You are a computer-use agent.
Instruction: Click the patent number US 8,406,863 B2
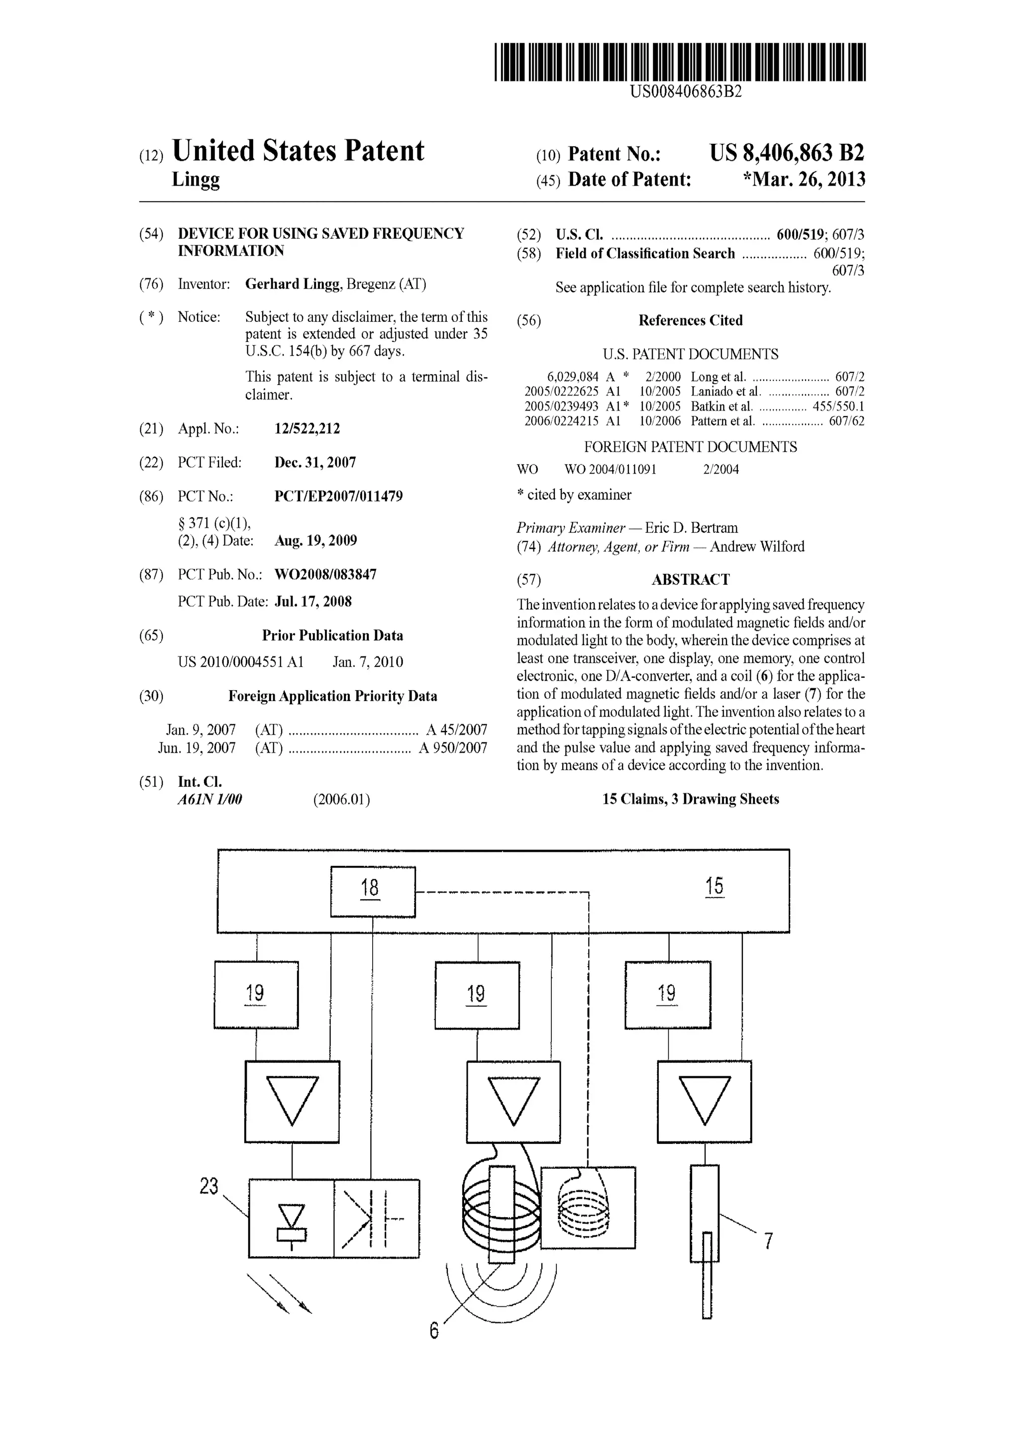(787, 153)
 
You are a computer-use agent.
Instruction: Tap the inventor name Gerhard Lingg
(293, 284)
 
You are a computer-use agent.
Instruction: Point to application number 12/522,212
(307, 429)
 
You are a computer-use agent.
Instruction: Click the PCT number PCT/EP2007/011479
(338, 496)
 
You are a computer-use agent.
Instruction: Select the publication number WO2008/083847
(325, 574)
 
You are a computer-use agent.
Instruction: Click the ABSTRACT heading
(690, 579)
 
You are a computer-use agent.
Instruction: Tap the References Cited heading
(690, 320)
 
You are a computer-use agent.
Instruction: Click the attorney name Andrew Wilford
(757, 546)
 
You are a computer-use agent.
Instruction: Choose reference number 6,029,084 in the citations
(573, 377)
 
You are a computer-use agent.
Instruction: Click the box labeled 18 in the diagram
(373, 891)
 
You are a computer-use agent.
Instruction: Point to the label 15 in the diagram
(714, 886)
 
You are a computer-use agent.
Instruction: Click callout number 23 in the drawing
(209, 1186)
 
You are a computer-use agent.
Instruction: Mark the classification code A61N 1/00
(209, 800)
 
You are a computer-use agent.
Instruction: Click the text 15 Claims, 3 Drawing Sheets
(690, 799)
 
